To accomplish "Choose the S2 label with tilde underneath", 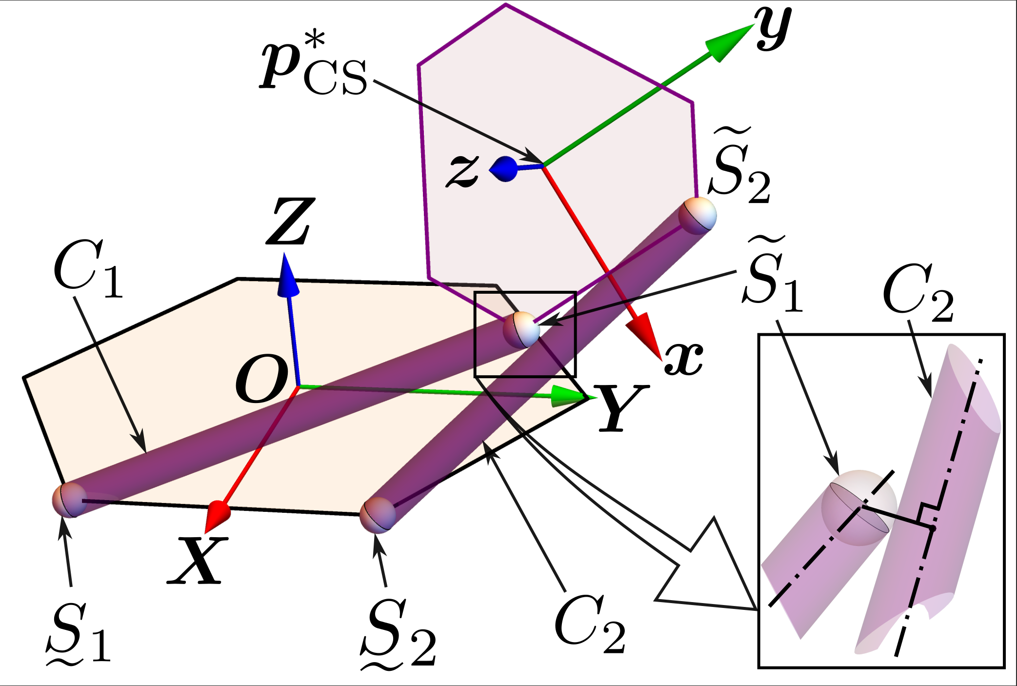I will [x=398, y=634].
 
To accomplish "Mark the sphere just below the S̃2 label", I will [x=698, y=215].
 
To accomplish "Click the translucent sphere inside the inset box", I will [x=858, y=507].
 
